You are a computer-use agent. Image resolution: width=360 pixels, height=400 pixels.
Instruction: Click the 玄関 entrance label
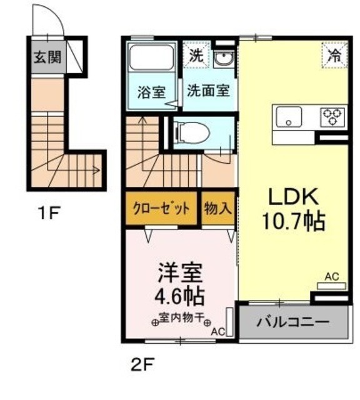click(x=47, y=57)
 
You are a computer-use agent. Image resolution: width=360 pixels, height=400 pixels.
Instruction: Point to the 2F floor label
click(x=142, y=363)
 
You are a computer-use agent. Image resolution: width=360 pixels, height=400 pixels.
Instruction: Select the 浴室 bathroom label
click(x=151, y=91)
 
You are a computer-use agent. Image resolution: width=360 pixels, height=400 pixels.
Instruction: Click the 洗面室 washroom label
click(x=208, y=90)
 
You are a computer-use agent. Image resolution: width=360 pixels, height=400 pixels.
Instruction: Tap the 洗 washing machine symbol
click(x=196, y=54)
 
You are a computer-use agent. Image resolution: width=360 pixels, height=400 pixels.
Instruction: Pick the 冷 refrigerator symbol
click(x=335, y=54)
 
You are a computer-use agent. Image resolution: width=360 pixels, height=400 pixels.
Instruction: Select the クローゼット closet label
click(x=161, y=209)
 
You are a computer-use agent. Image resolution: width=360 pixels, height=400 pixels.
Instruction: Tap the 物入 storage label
click(x=217, y=209)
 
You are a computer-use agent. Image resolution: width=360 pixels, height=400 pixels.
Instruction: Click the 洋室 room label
click(x=178, y=273)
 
